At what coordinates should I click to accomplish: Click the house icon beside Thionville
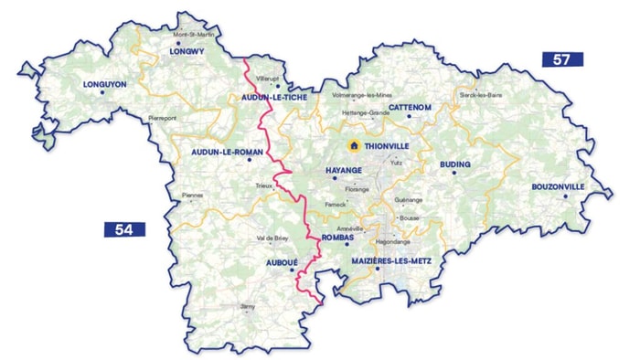pos(353,145)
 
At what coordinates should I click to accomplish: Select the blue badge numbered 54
pos(124,229)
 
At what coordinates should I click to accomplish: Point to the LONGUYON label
pos(104,85)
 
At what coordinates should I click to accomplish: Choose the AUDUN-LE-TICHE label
pos(275,96)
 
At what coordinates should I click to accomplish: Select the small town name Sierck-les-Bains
pos(481,94)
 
